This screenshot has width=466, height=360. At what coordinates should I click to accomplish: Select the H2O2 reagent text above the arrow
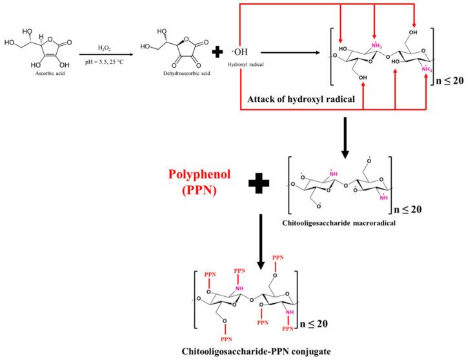(104, 47)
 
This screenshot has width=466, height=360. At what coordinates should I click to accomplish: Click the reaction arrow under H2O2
(105, 55)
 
